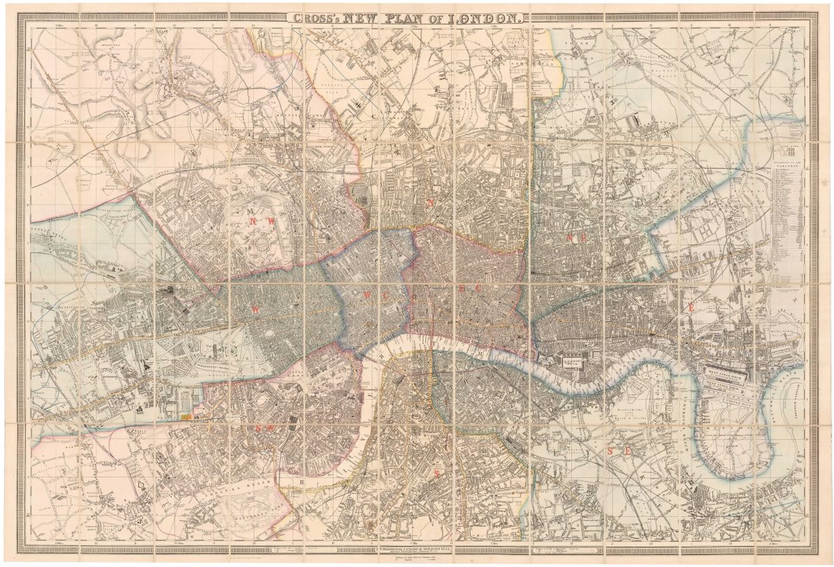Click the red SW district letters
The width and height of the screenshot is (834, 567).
coord(265,429)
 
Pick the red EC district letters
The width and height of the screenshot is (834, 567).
coord(466,288)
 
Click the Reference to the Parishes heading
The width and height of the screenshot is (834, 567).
coord(788,164)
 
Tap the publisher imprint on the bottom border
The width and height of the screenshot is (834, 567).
coord(417,548)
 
